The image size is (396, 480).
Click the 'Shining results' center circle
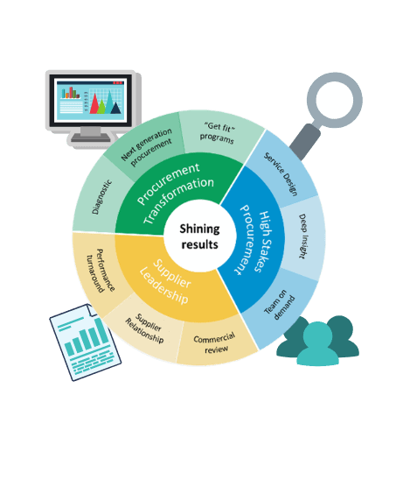199,236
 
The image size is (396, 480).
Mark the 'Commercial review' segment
215,343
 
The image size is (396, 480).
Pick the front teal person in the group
317,345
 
